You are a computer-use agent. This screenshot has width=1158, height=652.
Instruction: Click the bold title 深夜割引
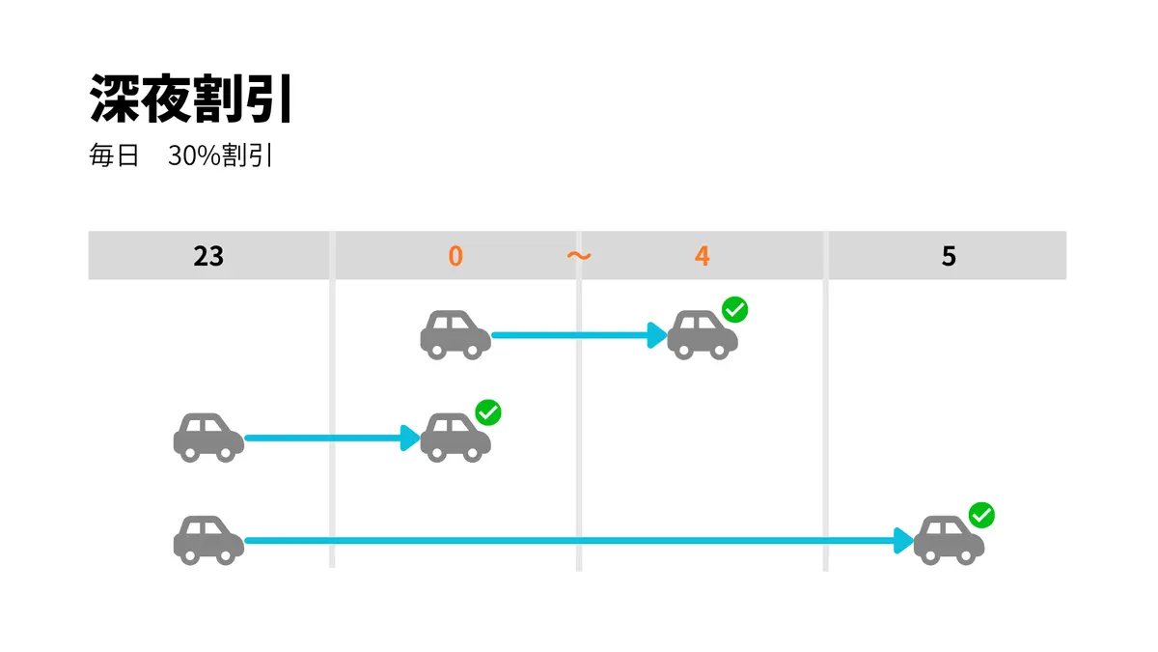[x=191, y=99]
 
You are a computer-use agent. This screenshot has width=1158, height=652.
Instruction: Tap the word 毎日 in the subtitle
[x=114, y=156]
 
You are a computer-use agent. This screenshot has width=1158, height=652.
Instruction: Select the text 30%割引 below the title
[x=220, y=156]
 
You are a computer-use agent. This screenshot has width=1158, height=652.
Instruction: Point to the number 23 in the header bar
[x=208, y=256]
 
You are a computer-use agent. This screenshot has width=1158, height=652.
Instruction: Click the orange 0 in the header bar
[x=455, y=256]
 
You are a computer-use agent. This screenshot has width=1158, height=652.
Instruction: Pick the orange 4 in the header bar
[x=703, y=256]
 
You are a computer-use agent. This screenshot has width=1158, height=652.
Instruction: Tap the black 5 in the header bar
[x=949, y=256]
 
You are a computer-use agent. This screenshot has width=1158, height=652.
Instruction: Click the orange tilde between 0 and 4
[x=579, y=255]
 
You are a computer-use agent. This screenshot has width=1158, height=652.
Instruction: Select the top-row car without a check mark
[x=455, y=335]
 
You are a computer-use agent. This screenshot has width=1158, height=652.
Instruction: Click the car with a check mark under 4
[x=703, y=335]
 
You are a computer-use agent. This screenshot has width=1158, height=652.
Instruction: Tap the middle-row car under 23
[x=208, y=438]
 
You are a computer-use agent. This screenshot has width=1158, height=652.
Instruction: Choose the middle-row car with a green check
[x=455, y=438]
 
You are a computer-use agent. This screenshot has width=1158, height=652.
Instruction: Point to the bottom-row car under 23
[x=208, y=540]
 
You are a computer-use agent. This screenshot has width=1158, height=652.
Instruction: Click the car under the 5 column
[x=949, y=540]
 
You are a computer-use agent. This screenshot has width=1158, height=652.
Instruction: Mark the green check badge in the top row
[x=734, y=309]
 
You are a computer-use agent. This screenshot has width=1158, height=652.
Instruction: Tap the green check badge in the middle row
[x=488, y=412]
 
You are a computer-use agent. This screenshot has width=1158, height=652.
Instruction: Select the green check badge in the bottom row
[x=981, y=515]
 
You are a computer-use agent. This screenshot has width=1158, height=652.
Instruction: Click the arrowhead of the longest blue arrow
[x=903, y=541]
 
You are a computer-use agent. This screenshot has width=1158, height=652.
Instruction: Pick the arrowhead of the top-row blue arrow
[x=657, y=335]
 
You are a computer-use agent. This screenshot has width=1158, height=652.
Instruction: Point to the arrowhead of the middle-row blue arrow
[x=410, y=438]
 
